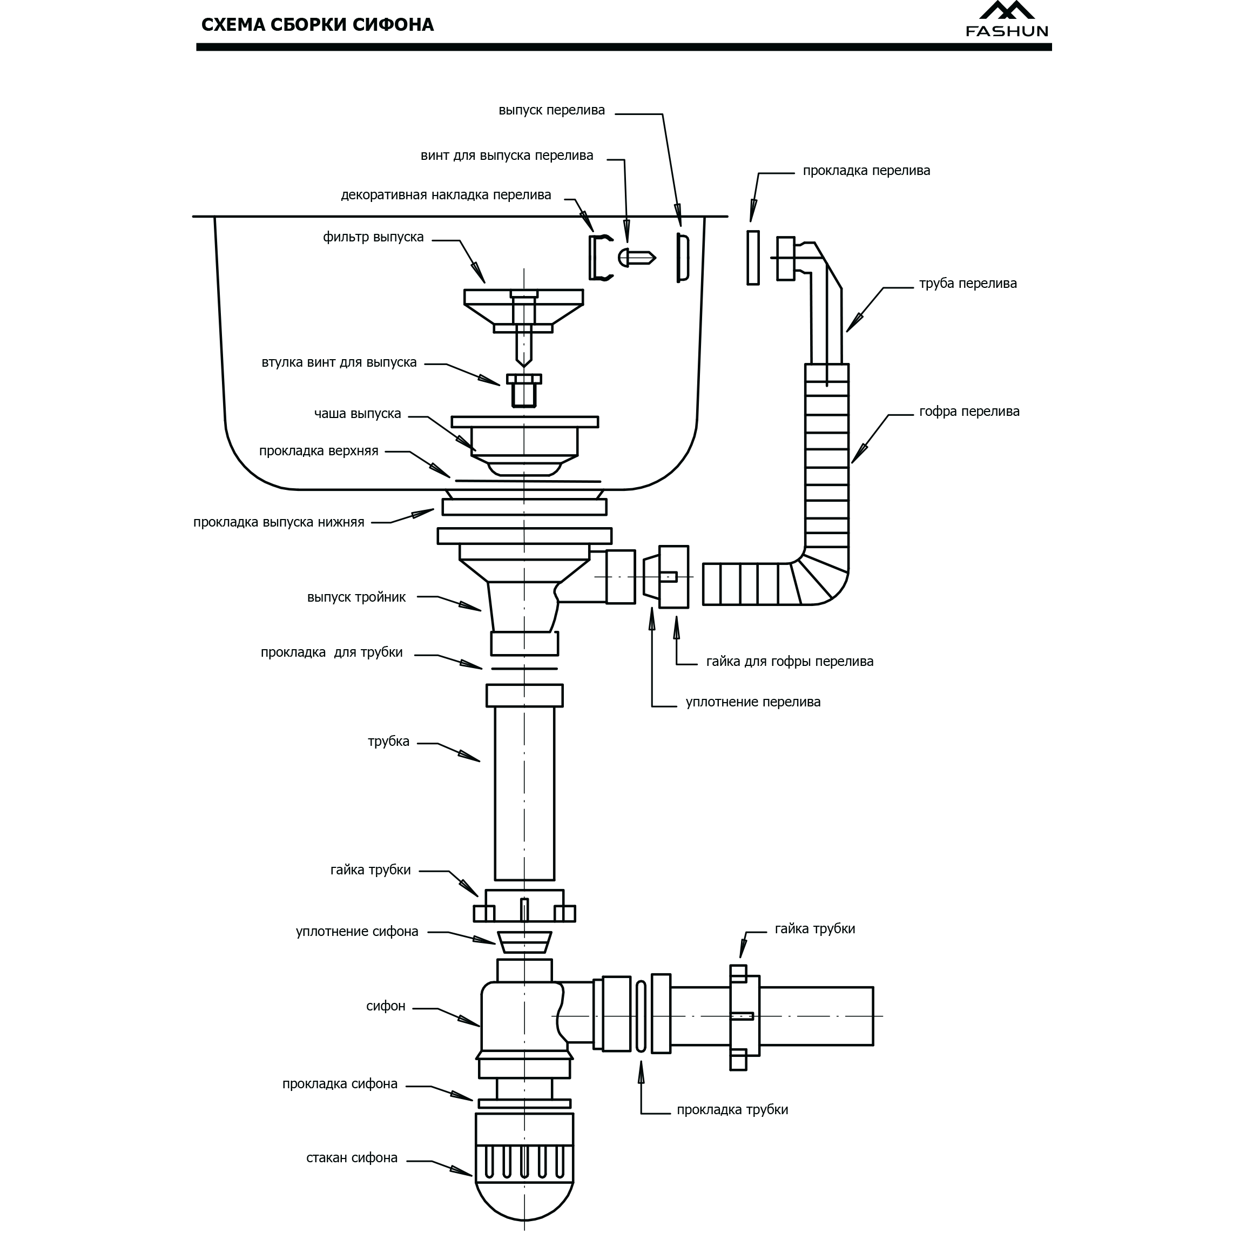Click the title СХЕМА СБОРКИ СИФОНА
[x=317, y=25]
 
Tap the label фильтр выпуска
[x=373, y=238]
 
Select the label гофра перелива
[x=969, y=412]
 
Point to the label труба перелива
[x=967, y=284]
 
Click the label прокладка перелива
[x=866, y=171]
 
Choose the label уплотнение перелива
[x=752, y=702]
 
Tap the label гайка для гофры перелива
[x=790, y=661]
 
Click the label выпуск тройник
[x=356, y=597]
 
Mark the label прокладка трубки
[x=732, y=1110]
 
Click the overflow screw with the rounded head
[x=636, y=257]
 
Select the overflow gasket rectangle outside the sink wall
[x=753, y=257]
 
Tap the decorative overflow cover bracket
[x=598, y=257]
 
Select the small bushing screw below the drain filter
[x=524, y=390]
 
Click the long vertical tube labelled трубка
[x=524, y=791]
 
